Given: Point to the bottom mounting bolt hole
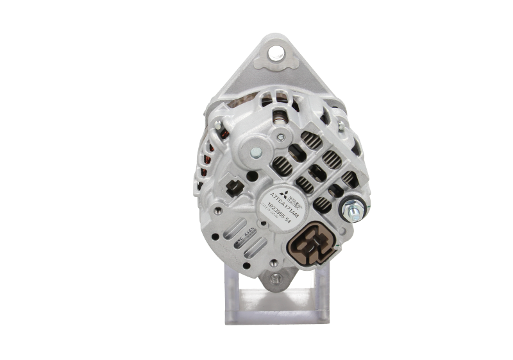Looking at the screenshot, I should coord(276,280).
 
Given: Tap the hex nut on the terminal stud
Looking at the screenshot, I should coord(352,209).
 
